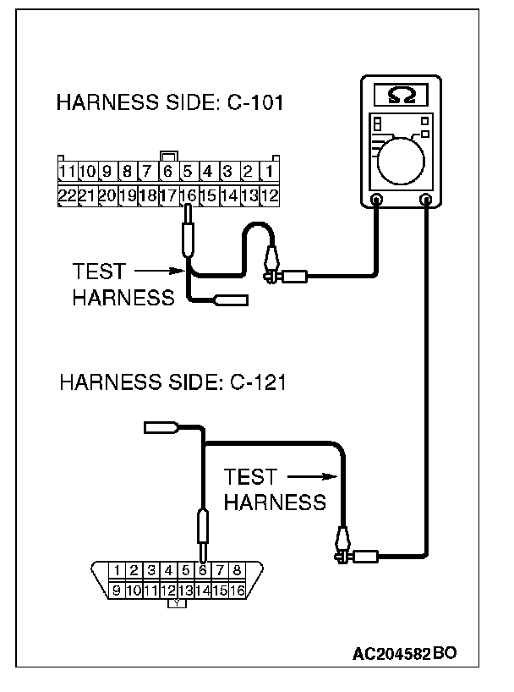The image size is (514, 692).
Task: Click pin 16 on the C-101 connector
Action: point(189,195)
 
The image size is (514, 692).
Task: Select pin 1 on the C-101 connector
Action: point(269,171)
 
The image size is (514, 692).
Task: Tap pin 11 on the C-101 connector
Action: point(68,171)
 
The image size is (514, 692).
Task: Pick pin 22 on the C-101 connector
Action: point(68,195)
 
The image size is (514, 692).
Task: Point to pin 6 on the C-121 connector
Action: point(203,570)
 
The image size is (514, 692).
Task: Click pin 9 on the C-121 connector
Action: point(117,590)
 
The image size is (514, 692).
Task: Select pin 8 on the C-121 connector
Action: point(237,570)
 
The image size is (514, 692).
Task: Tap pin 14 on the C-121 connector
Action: point(203,590)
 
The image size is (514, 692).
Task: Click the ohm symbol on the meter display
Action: point(401,95)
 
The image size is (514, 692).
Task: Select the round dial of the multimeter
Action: point(401,161)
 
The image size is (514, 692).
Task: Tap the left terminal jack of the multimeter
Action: point(376,200)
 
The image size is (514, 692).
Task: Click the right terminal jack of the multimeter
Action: point(426,200)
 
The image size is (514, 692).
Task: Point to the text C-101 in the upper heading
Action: point(255,102)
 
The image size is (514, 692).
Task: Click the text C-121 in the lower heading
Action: point(258,382)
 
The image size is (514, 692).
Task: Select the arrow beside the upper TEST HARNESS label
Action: point(159,271)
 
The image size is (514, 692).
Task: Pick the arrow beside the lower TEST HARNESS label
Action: point(312,476)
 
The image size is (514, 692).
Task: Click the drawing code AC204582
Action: point(391,654)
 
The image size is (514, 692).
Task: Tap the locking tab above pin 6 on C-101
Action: point(169,157)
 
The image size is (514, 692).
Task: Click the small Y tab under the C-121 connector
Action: point(177,603)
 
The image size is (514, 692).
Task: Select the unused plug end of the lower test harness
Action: point(161,427)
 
